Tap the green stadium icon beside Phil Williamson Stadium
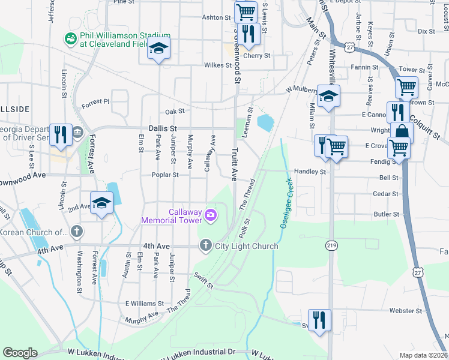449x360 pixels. click(70, 38)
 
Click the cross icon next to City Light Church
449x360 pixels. click(205, 245)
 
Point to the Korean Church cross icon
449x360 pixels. click(76, 231)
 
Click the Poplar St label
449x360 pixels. click(167, 175)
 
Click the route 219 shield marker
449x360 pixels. click(331, 245)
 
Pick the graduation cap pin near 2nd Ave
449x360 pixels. click(101, 202)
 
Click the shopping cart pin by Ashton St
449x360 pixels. click(246, 11)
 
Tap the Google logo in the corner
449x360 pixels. click(20, 353)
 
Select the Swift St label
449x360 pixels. click(203, 281)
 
